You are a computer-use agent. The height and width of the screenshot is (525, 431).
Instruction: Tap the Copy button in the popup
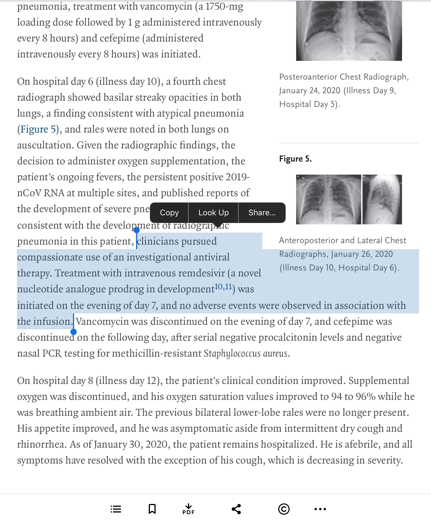(169, 212)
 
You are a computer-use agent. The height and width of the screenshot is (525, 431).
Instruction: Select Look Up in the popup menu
(214, 212)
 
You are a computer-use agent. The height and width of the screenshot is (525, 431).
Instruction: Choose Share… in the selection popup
(262, 212)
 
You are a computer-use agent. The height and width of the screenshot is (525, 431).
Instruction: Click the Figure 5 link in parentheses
(38, 129)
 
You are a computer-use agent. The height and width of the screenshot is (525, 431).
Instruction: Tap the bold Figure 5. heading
(295, 159)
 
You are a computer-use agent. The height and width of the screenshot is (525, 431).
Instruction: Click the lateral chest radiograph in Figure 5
(382, 199)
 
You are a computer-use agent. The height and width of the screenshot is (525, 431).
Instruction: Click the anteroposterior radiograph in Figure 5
(329, 199)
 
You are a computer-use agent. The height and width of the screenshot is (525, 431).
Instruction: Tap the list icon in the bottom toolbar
(116, 509)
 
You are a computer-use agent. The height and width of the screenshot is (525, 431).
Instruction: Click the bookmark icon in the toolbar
(152, 509)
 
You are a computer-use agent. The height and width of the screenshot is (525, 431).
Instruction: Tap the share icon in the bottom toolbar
(236, 509)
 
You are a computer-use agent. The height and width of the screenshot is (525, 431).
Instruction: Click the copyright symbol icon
(284, 509)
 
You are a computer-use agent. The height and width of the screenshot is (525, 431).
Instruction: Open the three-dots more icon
(320, 509)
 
